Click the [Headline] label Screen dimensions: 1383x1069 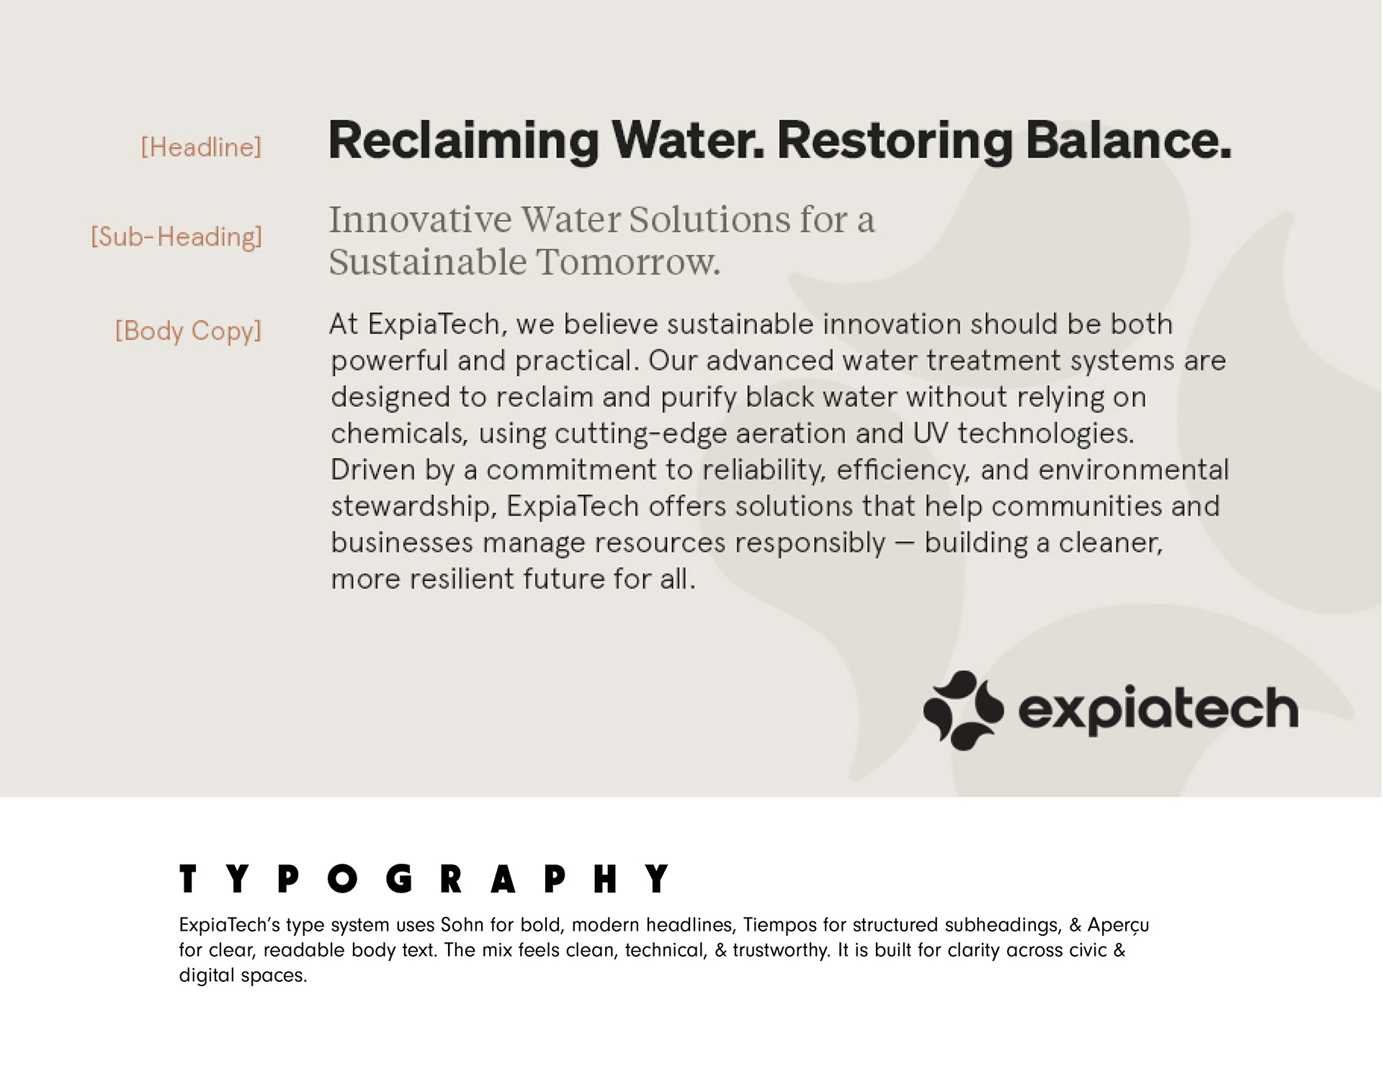201,148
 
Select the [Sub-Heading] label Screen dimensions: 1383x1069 176,237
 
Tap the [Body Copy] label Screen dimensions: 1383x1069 189,331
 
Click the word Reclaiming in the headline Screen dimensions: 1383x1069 464,141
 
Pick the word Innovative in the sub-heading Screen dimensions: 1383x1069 421,220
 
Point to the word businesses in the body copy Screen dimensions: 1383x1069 402,542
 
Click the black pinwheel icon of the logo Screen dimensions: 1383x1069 964,710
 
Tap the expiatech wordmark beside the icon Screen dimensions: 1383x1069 1158,710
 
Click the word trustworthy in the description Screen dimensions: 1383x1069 781,951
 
